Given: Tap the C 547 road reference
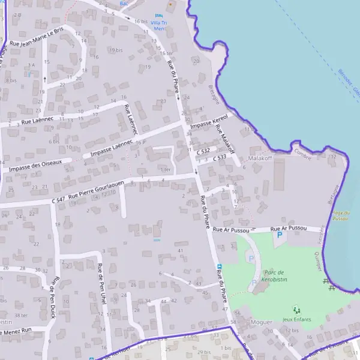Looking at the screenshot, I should point(58,199).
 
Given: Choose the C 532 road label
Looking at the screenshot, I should point(203,151).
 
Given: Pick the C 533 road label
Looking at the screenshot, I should point(219,157).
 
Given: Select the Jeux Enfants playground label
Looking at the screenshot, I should point(296,319).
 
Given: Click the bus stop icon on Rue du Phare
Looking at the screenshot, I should point(219,266).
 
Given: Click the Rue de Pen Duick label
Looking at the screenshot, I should point(55,294).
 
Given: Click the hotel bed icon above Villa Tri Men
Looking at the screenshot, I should point(158,16).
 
